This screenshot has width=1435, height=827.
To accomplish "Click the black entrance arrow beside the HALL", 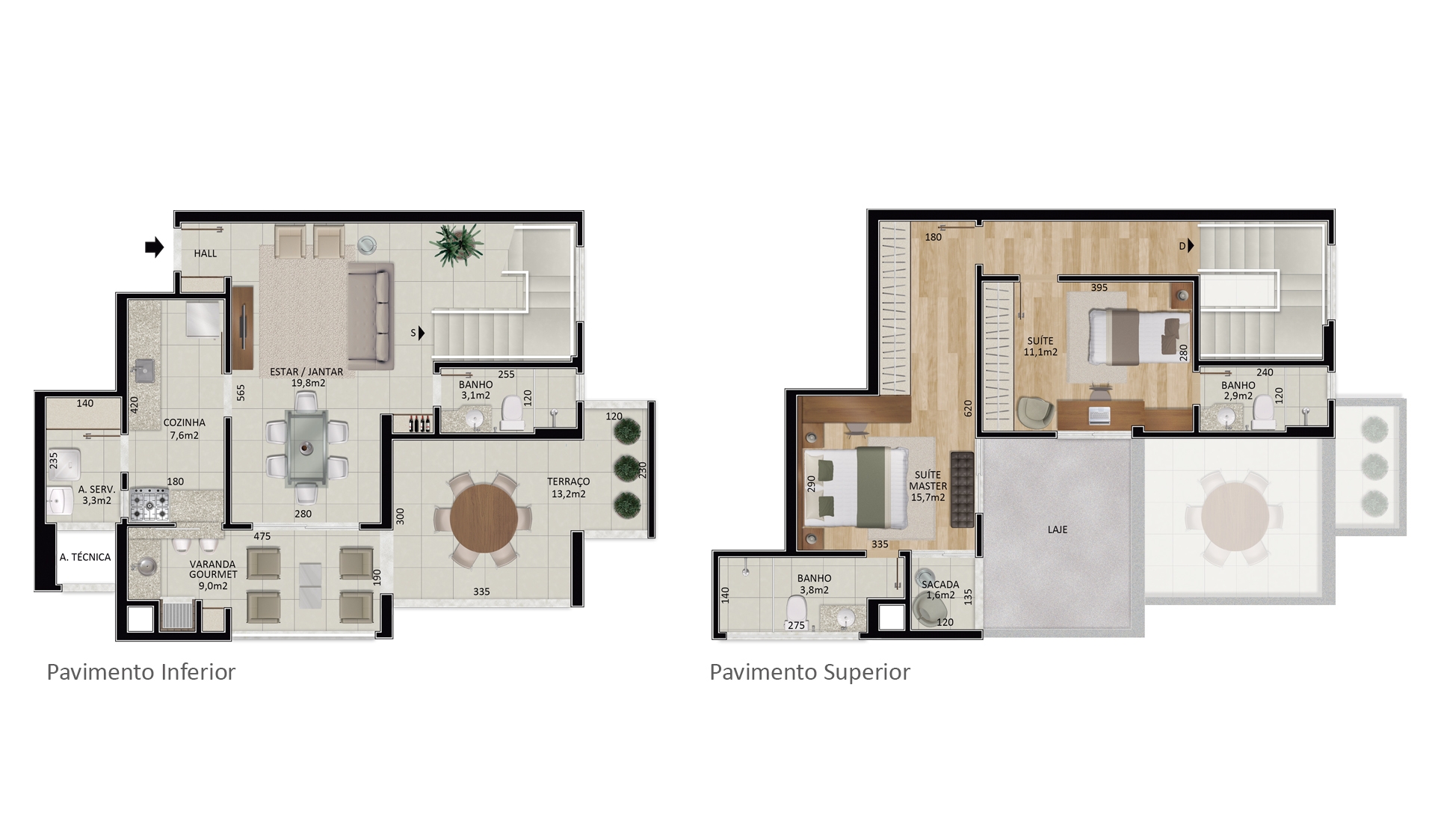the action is pyautogui.click(x=154, y=248).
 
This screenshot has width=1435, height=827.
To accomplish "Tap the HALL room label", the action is pyautogui.click(x=206, y=253).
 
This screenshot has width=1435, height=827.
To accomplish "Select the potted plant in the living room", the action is pyautogui.click(x=457, y=245).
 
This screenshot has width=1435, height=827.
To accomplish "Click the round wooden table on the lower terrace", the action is pyautogui.click(x=484, y=518).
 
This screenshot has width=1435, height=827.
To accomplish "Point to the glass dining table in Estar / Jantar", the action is pyautogui.click(x=305, y=447).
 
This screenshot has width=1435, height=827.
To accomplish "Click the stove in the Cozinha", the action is pyautogui.click(x=149, y=505).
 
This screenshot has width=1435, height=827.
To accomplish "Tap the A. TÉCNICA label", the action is pyautogui.click(x=85, y=557).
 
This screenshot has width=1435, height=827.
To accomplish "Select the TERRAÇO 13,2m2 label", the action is pyautogui.click(x=568, y=488).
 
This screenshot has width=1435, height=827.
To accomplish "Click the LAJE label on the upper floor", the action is pyautogui.click(x=1058, y=529).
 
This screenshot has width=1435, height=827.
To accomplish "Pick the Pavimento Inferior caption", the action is pyautogui.click(x=141, y=672).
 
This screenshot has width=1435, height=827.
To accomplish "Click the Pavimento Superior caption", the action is pyautogui.click(x=809, y=672).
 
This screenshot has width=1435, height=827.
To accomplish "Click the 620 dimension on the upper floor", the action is pyautogui.click(x=968, y=408).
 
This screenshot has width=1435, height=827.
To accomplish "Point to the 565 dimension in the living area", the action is pyautogui.click(x=241, y=393).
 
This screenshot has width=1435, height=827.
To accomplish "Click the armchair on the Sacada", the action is pyautogui.click(x=928, y=610).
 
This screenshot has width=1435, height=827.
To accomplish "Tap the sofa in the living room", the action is pyautogui.click(x=371, y=315).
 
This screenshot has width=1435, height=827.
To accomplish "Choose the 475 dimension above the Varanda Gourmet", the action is pyautogui.click(x=262, y=536).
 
